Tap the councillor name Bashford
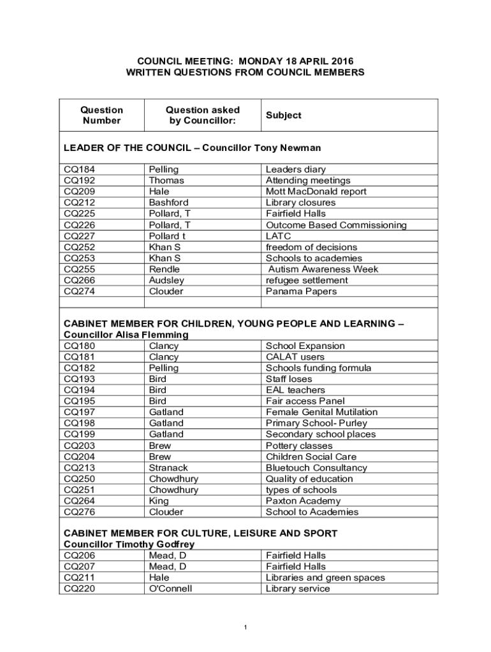point(168,202)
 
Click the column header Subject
point(283,115)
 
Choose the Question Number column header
point(101,115)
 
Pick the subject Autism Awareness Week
point(323,269)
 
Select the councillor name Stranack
point(168,468)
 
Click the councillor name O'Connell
point(170,589)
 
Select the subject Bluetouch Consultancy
point(316,468)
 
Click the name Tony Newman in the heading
point(288,148)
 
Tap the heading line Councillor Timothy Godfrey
point(129,544)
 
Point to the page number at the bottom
point(246,628)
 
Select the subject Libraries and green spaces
point(325,578)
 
